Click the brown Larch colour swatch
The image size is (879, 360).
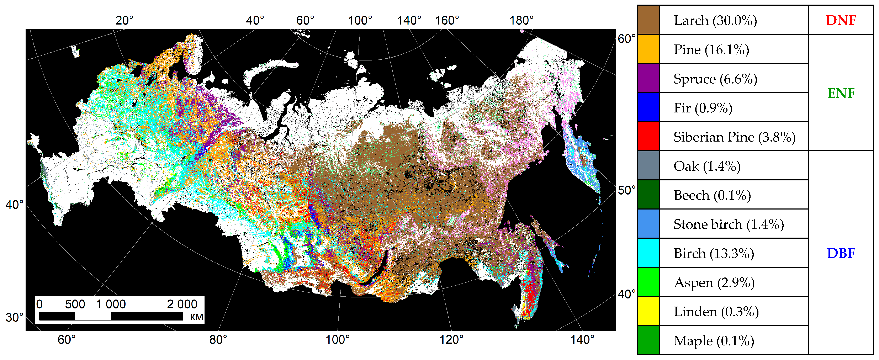(x=648, y=20)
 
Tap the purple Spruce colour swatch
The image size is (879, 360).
(x=648, y=78)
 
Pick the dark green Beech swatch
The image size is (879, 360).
(x=648, y=195)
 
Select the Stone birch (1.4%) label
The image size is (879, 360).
(x=729, y=224)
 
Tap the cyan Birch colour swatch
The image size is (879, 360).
(x=648, y=253)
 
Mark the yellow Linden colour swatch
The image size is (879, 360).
(x=648, y=311)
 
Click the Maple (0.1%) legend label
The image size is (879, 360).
(x=714, y=340)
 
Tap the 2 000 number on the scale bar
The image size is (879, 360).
(x=182, y=304)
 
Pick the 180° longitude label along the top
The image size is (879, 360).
(x=521, y=21)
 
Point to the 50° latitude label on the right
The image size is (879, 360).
(x=626, y=190)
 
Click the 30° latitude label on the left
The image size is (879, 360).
(x=14, y=317)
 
